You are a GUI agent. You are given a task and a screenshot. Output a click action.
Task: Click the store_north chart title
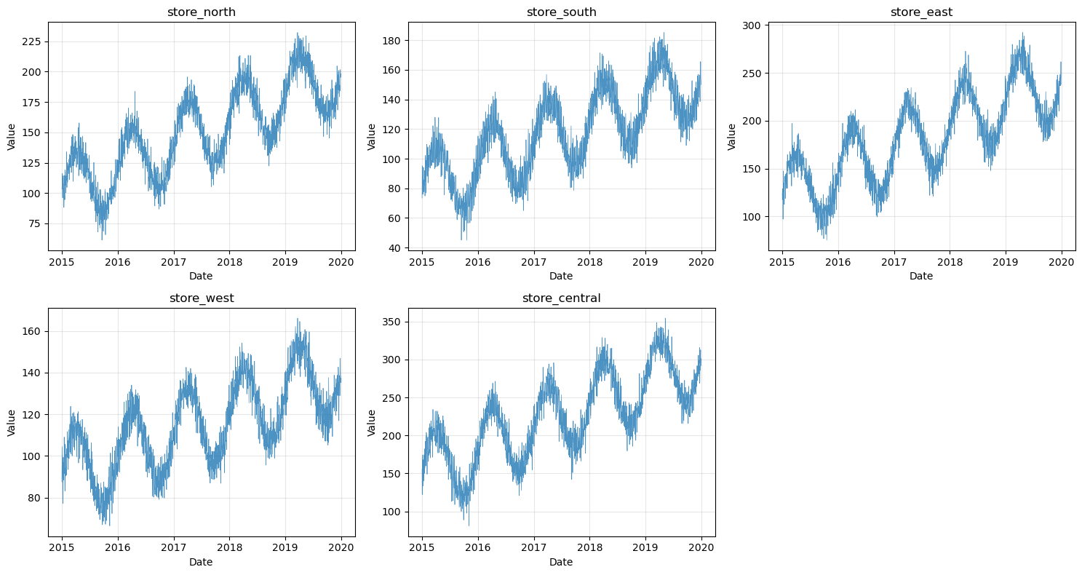(x=202, y=12)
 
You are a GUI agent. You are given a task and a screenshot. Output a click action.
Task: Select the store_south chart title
(x=561, y=12)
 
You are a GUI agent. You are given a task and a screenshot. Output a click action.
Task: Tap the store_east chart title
(x=921, y=12)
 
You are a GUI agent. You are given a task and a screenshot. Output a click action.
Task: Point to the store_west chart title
(x=202, y=298)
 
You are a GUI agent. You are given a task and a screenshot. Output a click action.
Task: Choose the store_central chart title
(x=561, y=298)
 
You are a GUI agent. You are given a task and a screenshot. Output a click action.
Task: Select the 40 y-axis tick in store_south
(x=396, y=248)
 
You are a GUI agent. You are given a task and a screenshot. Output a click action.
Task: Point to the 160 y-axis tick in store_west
(x=33, y=331)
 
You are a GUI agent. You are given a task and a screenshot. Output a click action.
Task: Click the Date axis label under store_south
(x=561, y=276)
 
